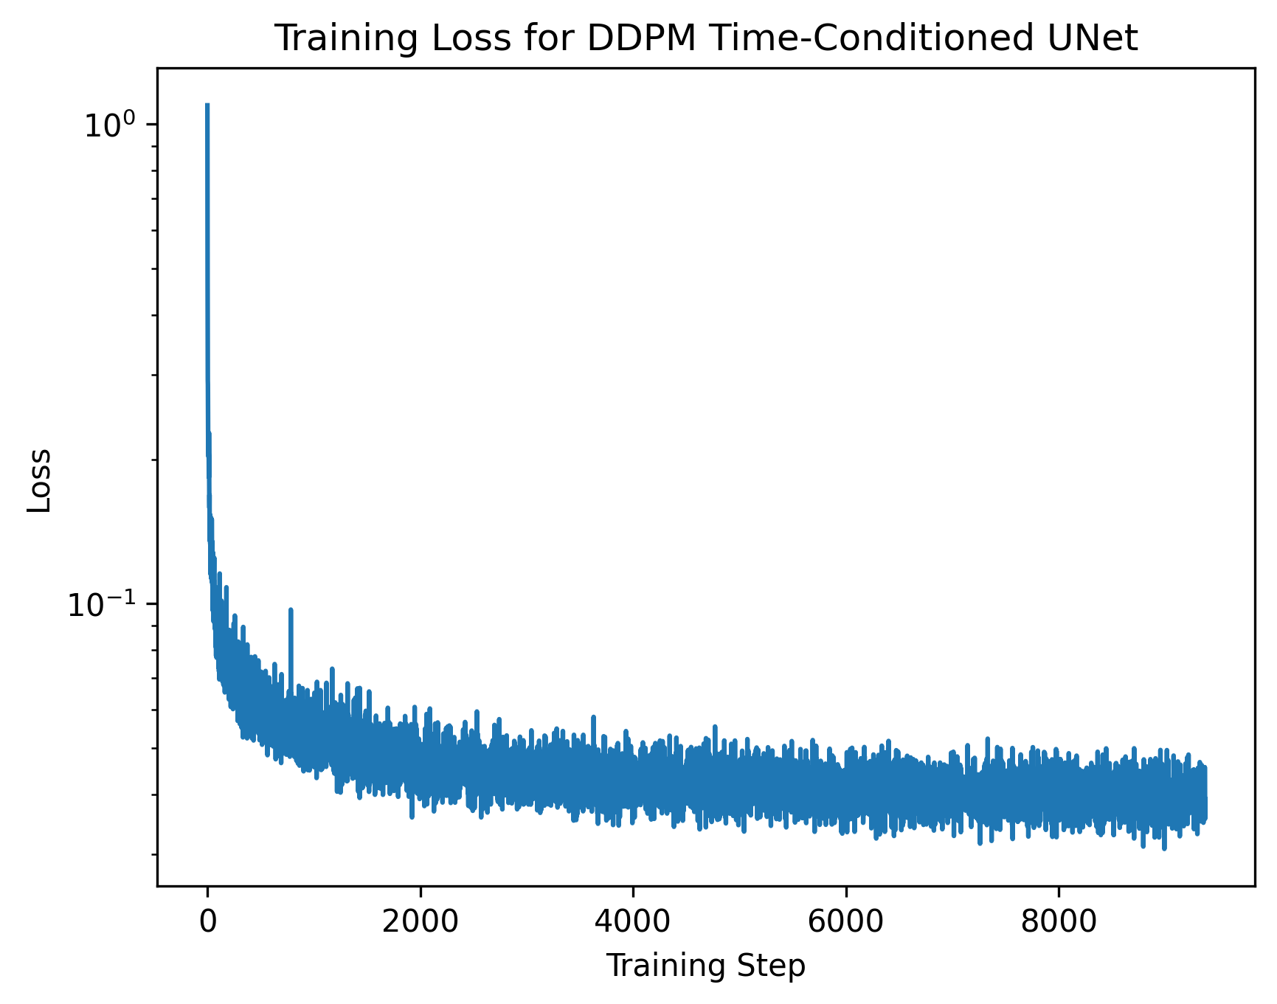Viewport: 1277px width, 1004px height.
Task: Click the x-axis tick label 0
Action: tap(208, 921)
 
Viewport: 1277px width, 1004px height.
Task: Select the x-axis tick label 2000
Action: tap(420, 921)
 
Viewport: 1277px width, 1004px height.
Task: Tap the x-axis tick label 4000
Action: tap(632, 921)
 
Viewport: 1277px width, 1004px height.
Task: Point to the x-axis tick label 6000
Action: tap(845, 921)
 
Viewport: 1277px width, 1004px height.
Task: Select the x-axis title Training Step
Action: tap(705, 966)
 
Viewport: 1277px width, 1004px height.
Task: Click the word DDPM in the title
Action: tap(641, 39)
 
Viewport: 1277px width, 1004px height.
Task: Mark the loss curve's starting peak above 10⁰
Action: tap(207, 105)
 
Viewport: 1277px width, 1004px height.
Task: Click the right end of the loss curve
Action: tap(1205, 800)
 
